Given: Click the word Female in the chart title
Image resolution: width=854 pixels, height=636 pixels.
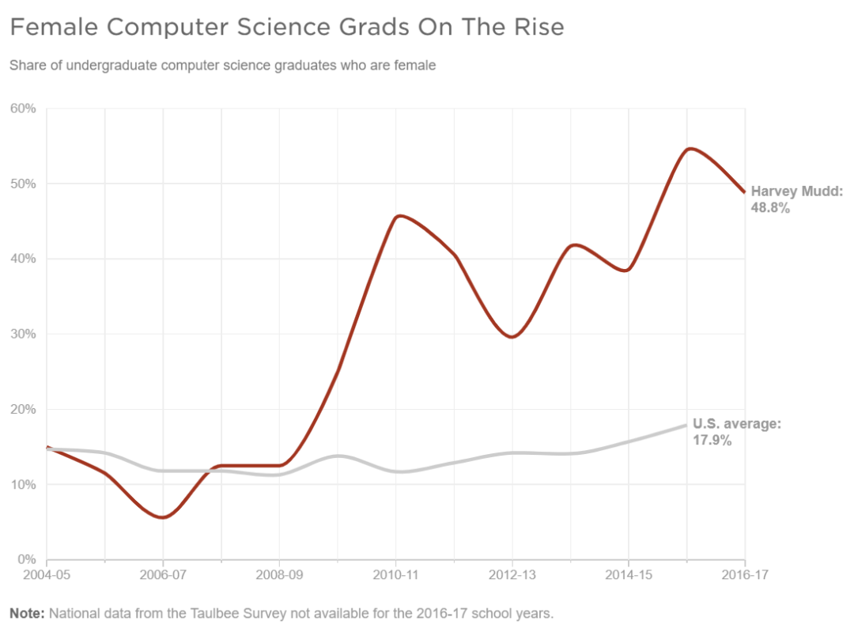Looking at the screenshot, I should pos(53,27).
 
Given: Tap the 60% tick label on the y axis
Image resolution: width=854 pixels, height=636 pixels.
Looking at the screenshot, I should pos(23,108).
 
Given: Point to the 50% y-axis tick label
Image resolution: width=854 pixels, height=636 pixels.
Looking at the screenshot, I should pos(23,184).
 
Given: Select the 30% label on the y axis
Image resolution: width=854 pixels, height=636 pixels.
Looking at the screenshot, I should pos(23,334).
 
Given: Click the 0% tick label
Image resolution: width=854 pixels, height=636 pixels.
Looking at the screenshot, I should pos(26,559).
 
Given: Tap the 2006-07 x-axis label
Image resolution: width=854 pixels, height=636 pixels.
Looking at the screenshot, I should pos(163,575).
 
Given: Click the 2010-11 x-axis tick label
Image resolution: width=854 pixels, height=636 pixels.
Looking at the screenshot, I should pos(395,575).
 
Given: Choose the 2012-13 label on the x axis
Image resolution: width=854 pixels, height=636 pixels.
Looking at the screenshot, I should pos(512,575).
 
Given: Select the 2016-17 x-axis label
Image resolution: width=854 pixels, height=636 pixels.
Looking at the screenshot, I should pos(745,575).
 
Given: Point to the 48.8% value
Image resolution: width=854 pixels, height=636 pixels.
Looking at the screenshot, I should pos(770,209).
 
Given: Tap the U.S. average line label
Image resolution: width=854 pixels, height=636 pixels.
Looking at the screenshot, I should pos(736,424).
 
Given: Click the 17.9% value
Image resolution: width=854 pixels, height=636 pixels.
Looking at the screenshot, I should pos(712,441).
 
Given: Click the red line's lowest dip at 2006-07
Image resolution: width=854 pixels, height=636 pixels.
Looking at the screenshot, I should pos(163,517).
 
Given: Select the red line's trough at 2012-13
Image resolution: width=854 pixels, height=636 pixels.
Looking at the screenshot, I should pos(512,337).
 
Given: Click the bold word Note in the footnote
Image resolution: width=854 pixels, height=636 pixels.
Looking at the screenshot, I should pos(26,614).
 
